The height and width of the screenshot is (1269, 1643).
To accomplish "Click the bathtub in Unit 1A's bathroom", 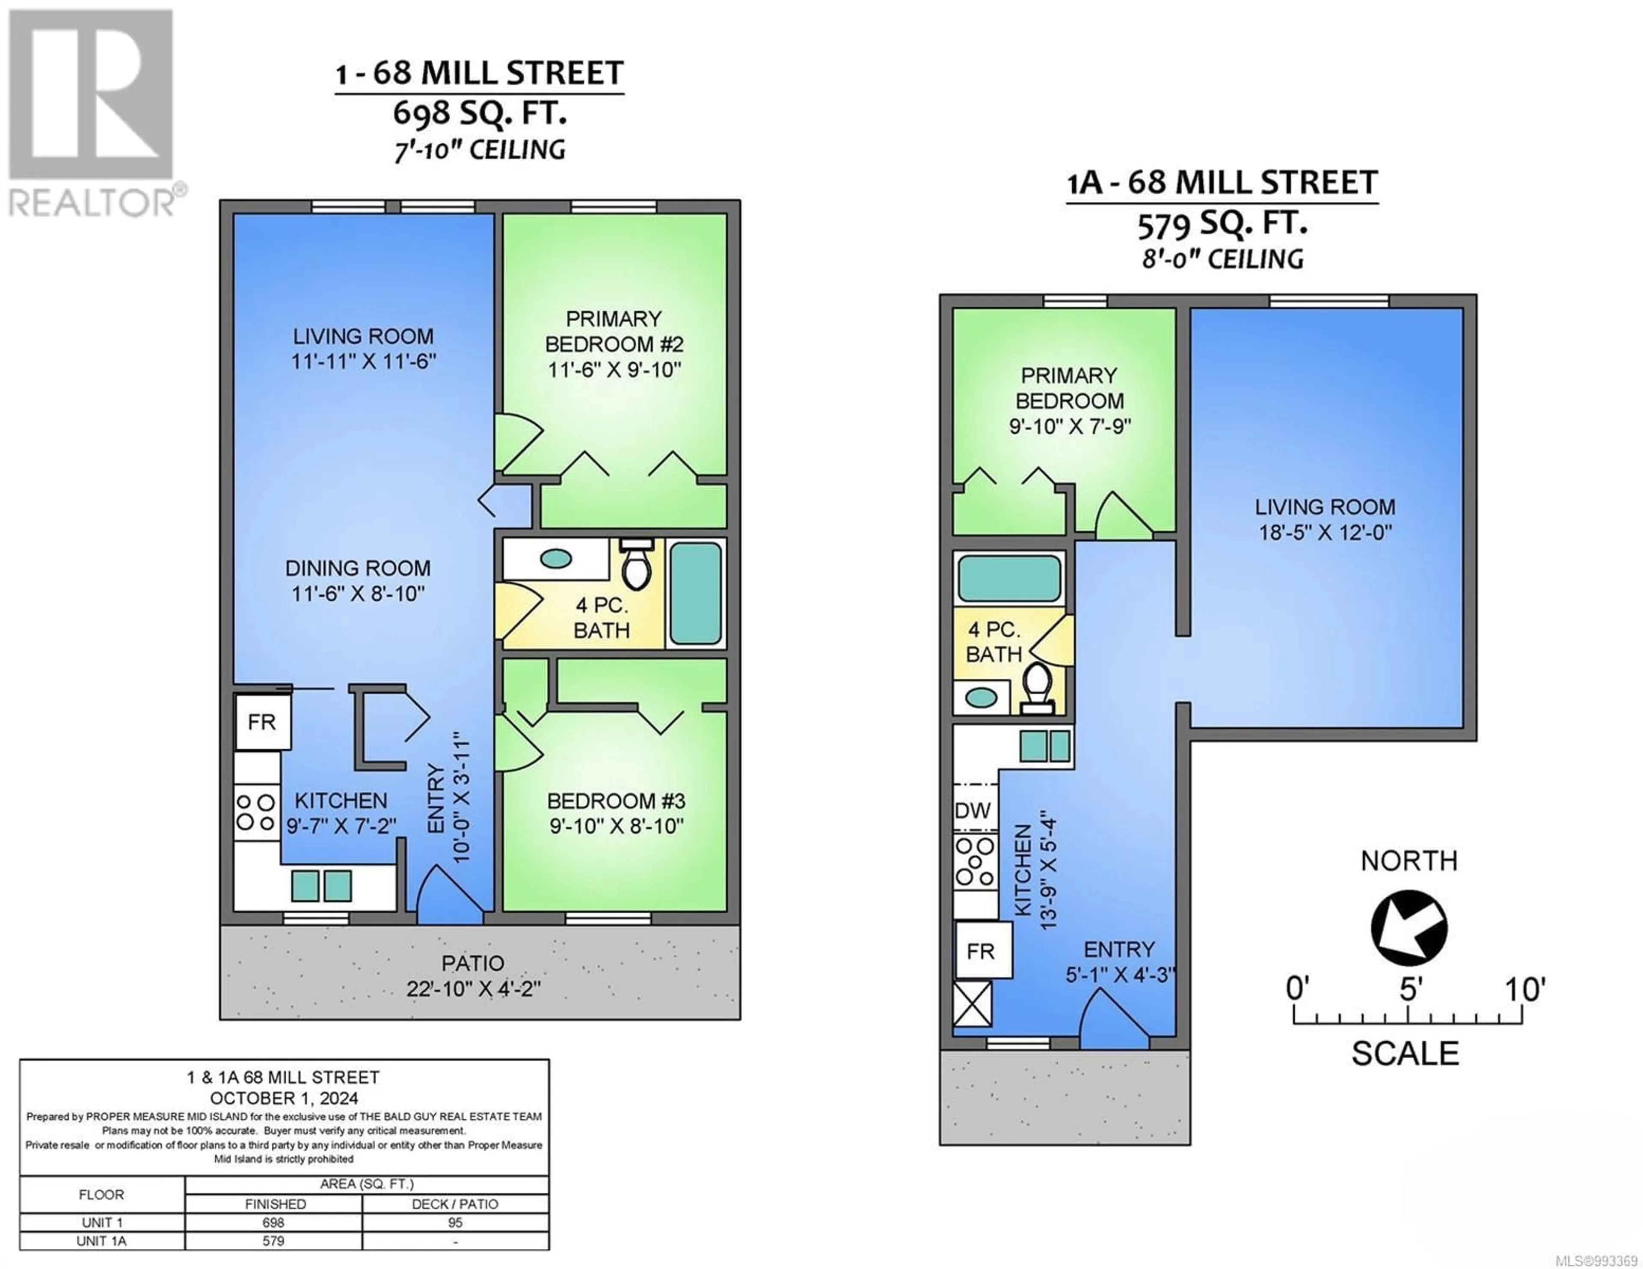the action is pos(1008,578).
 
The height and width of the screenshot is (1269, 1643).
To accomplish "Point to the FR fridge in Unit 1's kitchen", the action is pos(262,722).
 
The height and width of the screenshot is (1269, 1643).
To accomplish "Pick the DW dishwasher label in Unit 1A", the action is pos(973,810).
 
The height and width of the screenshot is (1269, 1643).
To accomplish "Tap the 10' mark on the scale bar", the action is pos(1524,988).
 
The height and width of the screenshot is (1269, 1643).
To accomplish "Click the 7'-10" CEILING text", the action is pos(480,150).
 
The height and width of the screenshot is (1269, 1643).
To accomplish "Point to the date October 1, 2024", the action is pos(285,1098).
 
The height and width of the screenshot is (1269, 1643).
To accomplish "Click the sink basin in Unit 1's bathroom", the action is pos(556,559).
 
